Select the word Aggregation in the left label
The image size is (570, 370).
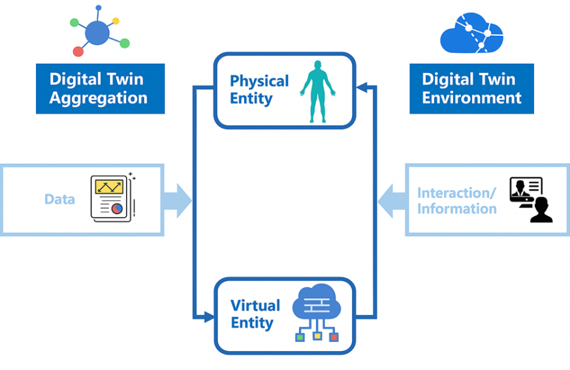pyautogui.click(x=99, y=99)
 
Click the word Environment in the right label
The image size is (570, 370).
pyautogui.click(x=471, y=98)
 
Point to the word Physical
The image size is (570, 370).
pyautogui.click(x=259, y=81)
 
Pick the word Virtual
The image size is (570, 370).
pyautogui.click(x=255, y=305)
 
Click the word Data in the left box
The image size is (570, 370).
pyautogui.click(x=59, y=199)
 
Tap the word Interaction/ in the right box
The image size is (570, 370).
pyautogui.click(x=456, y=193)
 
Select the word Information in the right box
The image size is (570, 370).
pyautogui.click(x=457, y=209)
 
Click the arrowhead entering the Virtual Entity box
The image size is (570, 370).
pyautogui.click(x=209, y=317)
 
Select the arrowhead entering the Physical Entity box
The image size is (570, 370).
pyautogui.click(x=362, y=86)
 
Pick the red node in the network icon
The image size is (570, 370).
pyautogui.click(x=78, y=51)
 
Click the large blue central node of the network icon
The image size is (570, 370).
pyautogui.click(x=97, y=33)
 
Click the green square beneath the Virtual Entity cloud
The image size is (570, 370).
pyautogui.click(x=300, y=337)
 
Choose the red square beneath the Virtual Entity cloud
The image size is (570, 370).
pyautogui.click(x=334, y=337)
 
